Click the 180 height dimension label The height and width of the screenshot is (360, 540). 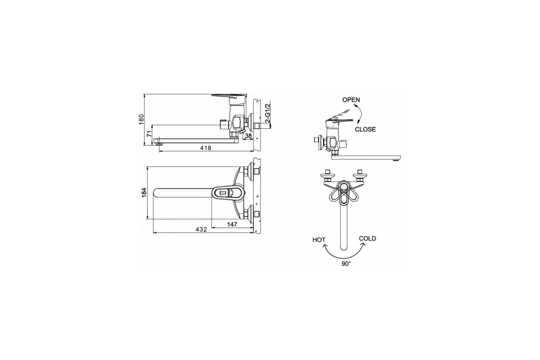coord(141,119)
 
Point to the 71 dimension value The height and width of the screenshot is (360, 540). coord(149,134)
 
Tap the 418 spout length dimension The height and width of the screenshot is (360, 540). coord(206,148)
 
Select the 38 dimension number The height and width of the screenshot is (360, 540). coord(248,136)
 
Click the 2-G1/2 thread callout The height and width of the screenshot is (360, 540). coord(267,113)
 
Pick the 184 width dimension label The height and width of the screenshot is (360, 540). coord(144,193)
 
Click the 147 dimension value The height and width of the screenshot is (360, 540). coord(232,225)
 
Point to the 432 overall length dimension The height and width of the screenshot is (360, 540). coord(201,229)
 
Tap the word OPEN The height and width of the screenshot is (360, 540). coord(351,99)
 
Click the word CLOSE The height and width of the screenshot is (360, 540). coord(365,129)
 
